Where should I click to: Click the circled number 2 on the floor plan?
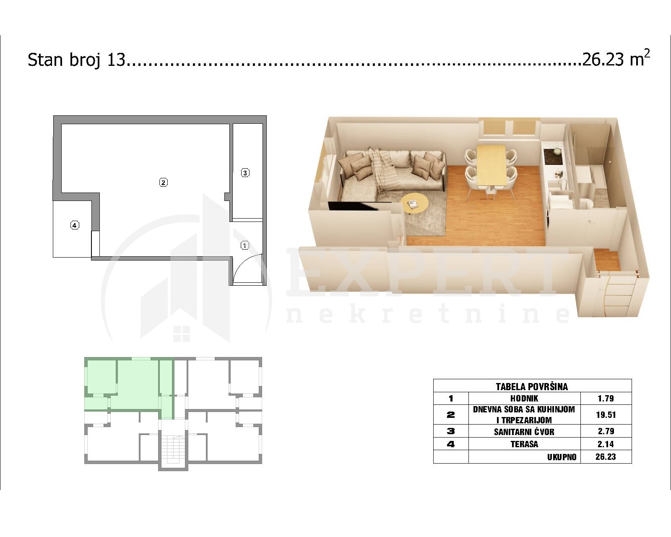point(164,182)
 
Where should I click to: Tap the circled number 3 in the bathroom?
point(245,172)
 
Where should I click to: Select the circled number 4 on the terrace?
point(75,225)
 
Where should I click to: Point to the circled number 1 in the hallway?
point(245,245)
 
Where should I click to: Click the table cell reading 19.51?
point(606,414)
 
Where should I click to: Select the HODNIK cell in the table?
point(524,399)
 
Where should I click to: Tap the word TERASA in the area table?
point(524,444)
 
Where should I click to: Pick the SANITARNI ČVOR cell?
point(524,431)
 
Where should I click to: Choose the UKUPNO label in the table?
point(562,457)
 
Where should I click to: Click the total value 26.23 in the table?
point(606,457)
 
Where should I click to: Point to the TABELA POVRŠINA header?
point(532,387)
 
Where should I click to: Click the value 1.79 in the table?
point(606,399)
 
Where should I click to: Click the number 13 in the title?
point(116,59)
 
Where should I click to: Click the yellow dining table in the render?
point(492,165)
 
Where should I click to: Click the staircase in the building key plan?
point(173,449)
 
